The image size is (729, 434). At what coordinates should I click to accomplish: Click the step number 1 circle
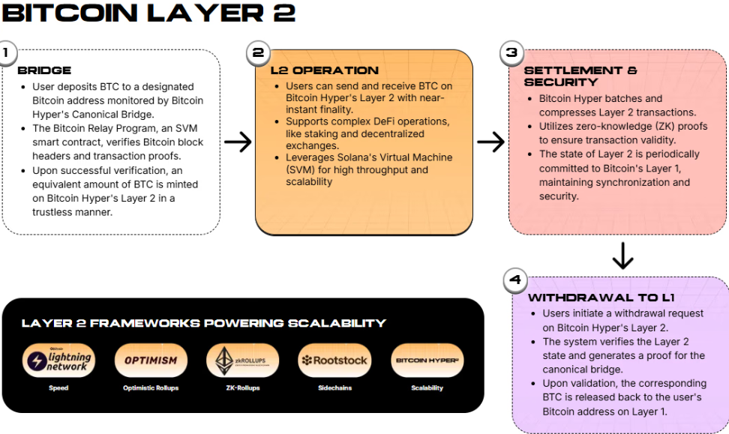click(x=6, y=53)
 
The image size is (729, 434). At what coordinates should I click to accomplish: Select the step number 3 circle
click(x=511, y=52)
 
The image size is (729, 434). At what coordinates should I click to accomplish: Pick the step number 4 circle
click(x=514, y=280)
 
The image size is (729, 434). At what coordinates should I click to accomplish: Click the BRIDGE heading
click(x=44, y=70)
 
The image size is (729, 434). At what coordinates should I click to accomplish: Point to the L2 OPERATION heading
click(x=324, y=70)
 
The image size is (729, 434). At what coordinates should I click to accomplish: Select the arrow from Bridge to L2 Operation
click(x=238, y=142)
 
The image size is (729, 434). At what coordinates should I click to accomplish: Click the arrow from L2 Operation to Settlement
click(x=490, y=142)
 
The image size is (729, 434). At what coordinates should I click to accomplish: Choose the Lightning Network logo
click(x=58, y=361)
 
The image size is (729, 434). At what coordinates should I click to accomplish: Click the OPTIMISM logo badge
click(x=151, y=361)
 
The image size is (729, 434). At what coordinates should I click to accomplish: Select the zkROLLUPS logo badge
click(x=242, y=361)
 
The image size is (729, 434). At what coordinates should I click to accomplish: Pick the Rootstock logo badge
click(x=334, y=361)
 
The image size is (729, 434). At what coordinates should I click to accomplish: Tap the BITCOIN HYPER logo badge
click(x=427, y=361)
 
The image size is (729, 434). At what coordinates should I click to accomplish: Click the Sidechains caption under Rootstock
click(x=334, y=388)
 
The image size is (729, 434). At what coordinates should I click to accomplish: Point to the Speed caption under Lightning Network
click(x=58, y=388)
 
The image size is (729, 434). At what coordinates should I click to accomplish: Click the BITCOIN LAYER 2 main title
click(x=148, y=13)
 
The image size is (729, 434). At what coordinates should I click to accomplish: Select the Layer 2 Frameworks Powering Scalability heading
click(x=203, y=323)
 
